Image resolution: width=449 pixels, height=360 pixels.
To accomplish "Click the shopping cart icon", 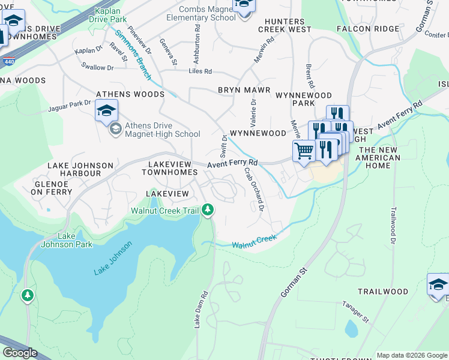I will (x=304, y=150).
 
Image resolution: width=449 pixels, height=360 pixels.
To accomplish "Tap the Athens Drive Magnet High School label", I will (x=154, y=130).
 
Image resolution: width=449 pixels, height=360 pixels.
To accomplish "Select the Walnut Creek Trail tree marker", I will (x=207, y=209).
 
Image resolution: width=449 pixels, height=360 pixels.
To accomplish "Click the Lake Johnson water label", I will (x=112, y=259).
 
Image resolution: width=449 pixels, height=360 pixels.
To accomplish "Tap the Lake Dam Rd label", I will (x=200, y=310).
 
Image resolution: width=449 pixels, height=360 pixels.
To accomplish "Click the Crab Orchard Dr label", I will (x=253, y=188).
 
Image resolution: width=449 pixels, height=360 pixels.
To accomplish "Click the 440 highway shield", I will (x=9, y=62).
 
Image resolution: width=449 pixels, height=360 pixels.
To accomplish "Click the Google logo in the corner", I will (x=19, y=353).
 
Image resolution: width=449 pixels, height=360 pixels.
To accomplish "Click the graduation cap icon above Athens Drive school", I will (x=106, y=110).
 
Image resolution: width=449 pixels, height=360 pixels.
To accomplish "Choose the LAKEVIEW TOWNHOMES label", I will (x=169, y=168).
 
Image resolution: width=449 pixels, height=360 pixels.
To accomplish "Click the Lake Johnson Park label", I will (x=67, y=240).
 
